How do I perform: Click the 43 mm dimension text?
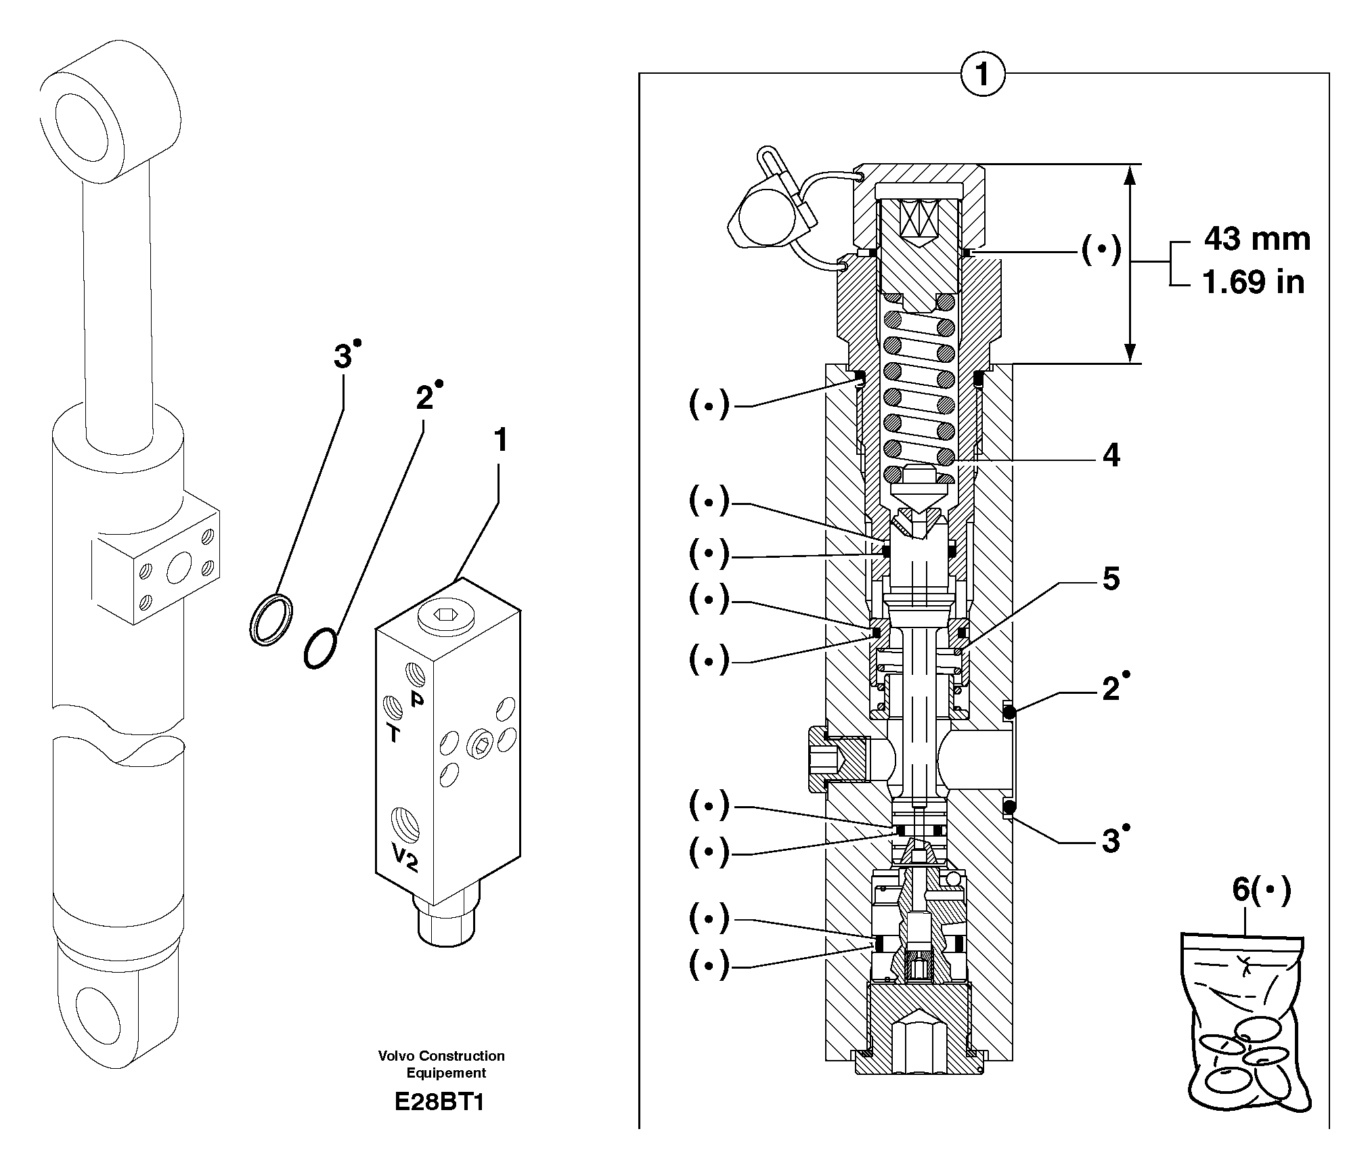pos(1257,240)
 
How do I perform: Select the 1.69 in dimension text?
pos(1253,282)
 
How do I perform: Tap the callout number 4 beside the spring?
pos(1111,456)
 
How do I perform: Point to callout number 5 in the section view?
pos(1111,579)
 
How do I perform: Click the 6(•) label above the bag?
pos(1261,889)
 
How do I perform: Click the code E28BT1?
pos(439,1103)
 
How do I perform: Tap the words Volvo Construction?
pos(441,1056)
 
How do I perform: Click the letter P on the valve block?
pos(417,699)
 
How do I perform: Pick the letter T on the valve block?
pos(393,733)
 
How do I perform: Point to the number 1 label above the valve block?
pos(500,441)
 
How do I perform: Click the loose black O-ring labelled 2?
pos(319,648)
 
